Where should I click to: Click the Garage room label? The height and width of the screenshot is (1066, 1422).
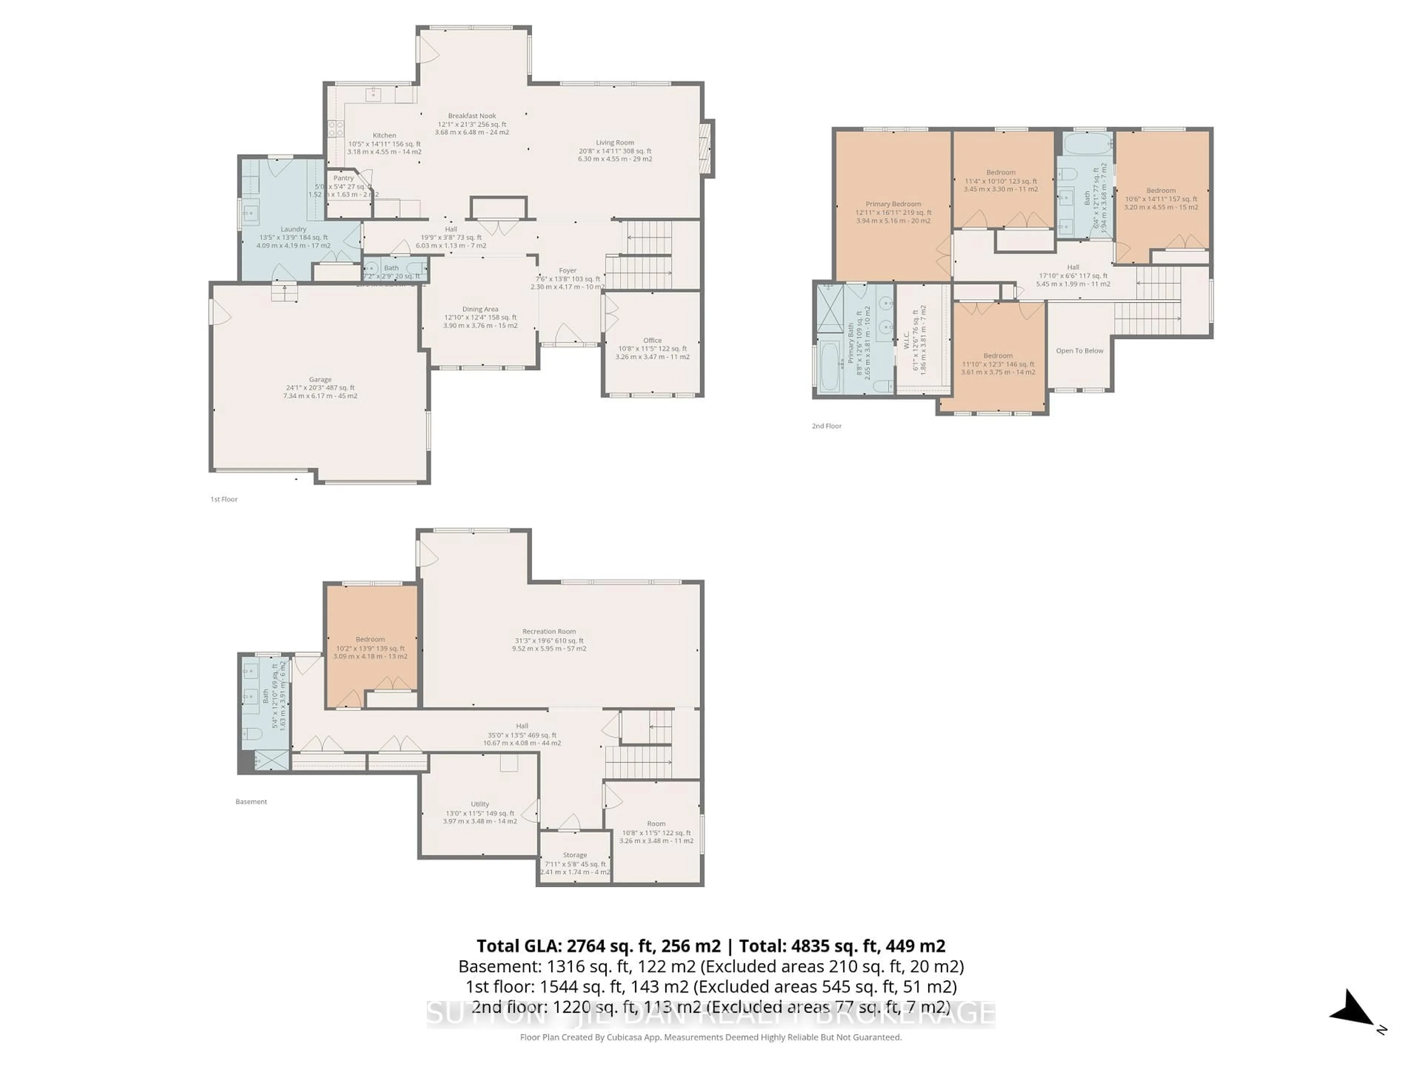pyautogui.click(x=320, y=380)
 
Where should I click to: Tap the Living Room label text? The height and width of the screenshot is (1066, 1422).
pyautogui.click(x=615, y=143)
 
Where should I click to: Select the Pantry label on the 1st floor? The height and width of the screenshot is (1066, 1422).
pyautogui.click(x=343, y=178)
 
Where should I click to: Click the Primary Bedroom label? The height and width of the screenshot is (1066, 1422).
pyautogui.click(x=893, y=204)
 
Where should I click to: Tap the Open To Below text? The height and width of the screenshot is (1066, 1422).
pyautogui.click(x=1079, y=351)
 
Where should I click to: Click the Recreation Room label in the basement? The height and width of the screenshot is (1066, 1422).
pyautogui.click(x=549, y=631)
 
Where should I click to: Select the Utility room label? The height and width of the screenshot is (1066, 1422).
pyautogui.click(x=480, y=804)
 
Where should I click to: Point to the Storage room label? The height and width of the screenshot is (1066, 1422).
pyautogui.click(x=575, y=855)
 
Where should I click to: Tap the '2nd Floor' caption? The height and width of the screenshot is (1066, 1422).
pyautogui.click(x=826, y=426)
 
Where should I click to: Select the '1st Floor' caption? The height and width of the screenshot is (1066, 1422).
pyautogui.click(x=224, y=499)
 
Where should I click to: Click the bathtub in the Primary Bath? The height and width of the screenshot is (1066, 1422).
pyautogui.click(x=829, y=366)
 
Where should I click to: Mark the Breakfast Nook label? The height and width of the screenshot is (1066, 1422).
pyautogui.click(x=472, y=116)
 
